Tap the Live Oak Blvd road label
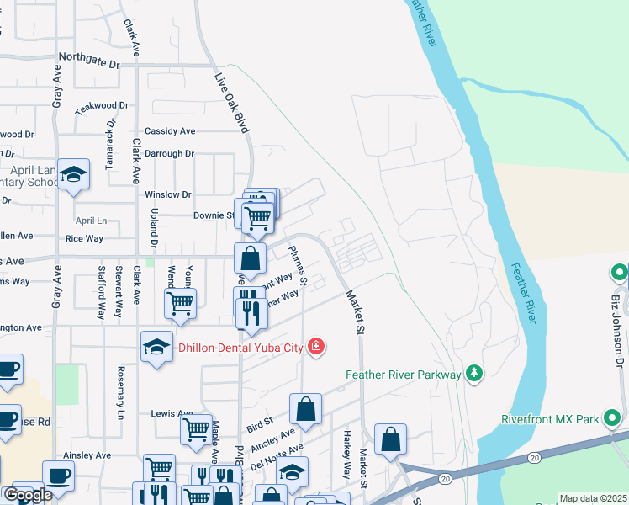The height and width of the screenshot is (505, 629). (x=233, y=102)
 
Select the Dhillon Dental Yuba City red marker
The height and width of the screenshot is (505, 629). (x=315, y=346)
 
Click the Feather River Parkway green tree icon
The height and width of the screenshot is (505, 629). (x=473, y=374)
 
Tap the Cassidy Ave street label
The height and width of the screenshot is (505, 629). (x=170, y=131)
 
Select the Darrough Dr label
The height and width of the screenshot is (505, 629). (x=169, y=154)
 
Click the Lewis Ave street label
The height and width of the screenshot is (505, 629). (x=172, y=413)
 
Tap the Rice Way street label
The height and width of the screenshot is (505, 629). (x=84, y=238)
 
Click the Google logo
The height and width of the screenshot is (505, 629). (x=28, y=496)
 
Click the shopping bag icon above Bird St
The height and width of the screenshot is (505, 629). (x=305, y=410)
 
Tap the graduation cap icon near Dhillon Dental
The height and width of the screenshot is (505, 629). (x=157, y=348)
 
